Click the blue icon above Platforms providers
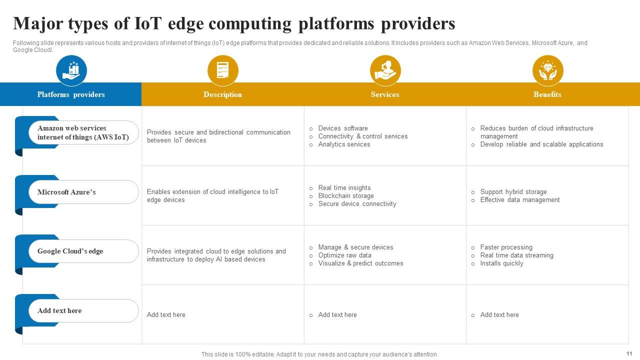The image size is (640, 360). coord(71,70)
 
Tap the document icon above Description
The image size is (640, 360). coord(222,70)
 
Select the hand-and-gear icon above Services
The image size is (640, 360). coord(385,70)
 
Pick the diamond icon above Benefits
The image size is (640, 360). coord(547,70)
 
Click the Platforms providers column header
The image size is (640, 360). coord(71,94)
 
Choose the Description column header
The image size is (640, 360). coord(222,94)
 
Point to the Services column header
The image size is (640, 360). coord(385,94)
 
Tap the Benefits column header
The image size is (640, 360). coord(547,94)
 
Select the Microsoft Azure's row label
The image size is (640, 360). coord(66,192)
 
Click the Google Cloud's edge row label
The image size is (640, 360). coord(70,251)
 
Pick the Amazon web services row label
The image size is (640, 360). coord(82,132)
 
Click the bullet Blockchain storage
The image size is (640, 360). coord(346,196)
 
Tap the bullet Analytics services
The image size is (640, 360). coord(344,144)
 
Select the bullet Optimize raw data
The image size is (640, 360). coord(344,255)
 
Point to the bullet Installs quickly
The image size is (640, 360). coord(501,263)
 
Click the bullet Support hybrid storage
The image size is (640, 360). coord(513,192)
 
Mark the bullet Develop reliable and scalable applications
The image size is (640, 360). coord(541,144)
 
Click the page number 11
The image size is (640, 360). coord(629,353)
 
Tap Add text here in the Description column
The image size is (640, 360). coord(166,315)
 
